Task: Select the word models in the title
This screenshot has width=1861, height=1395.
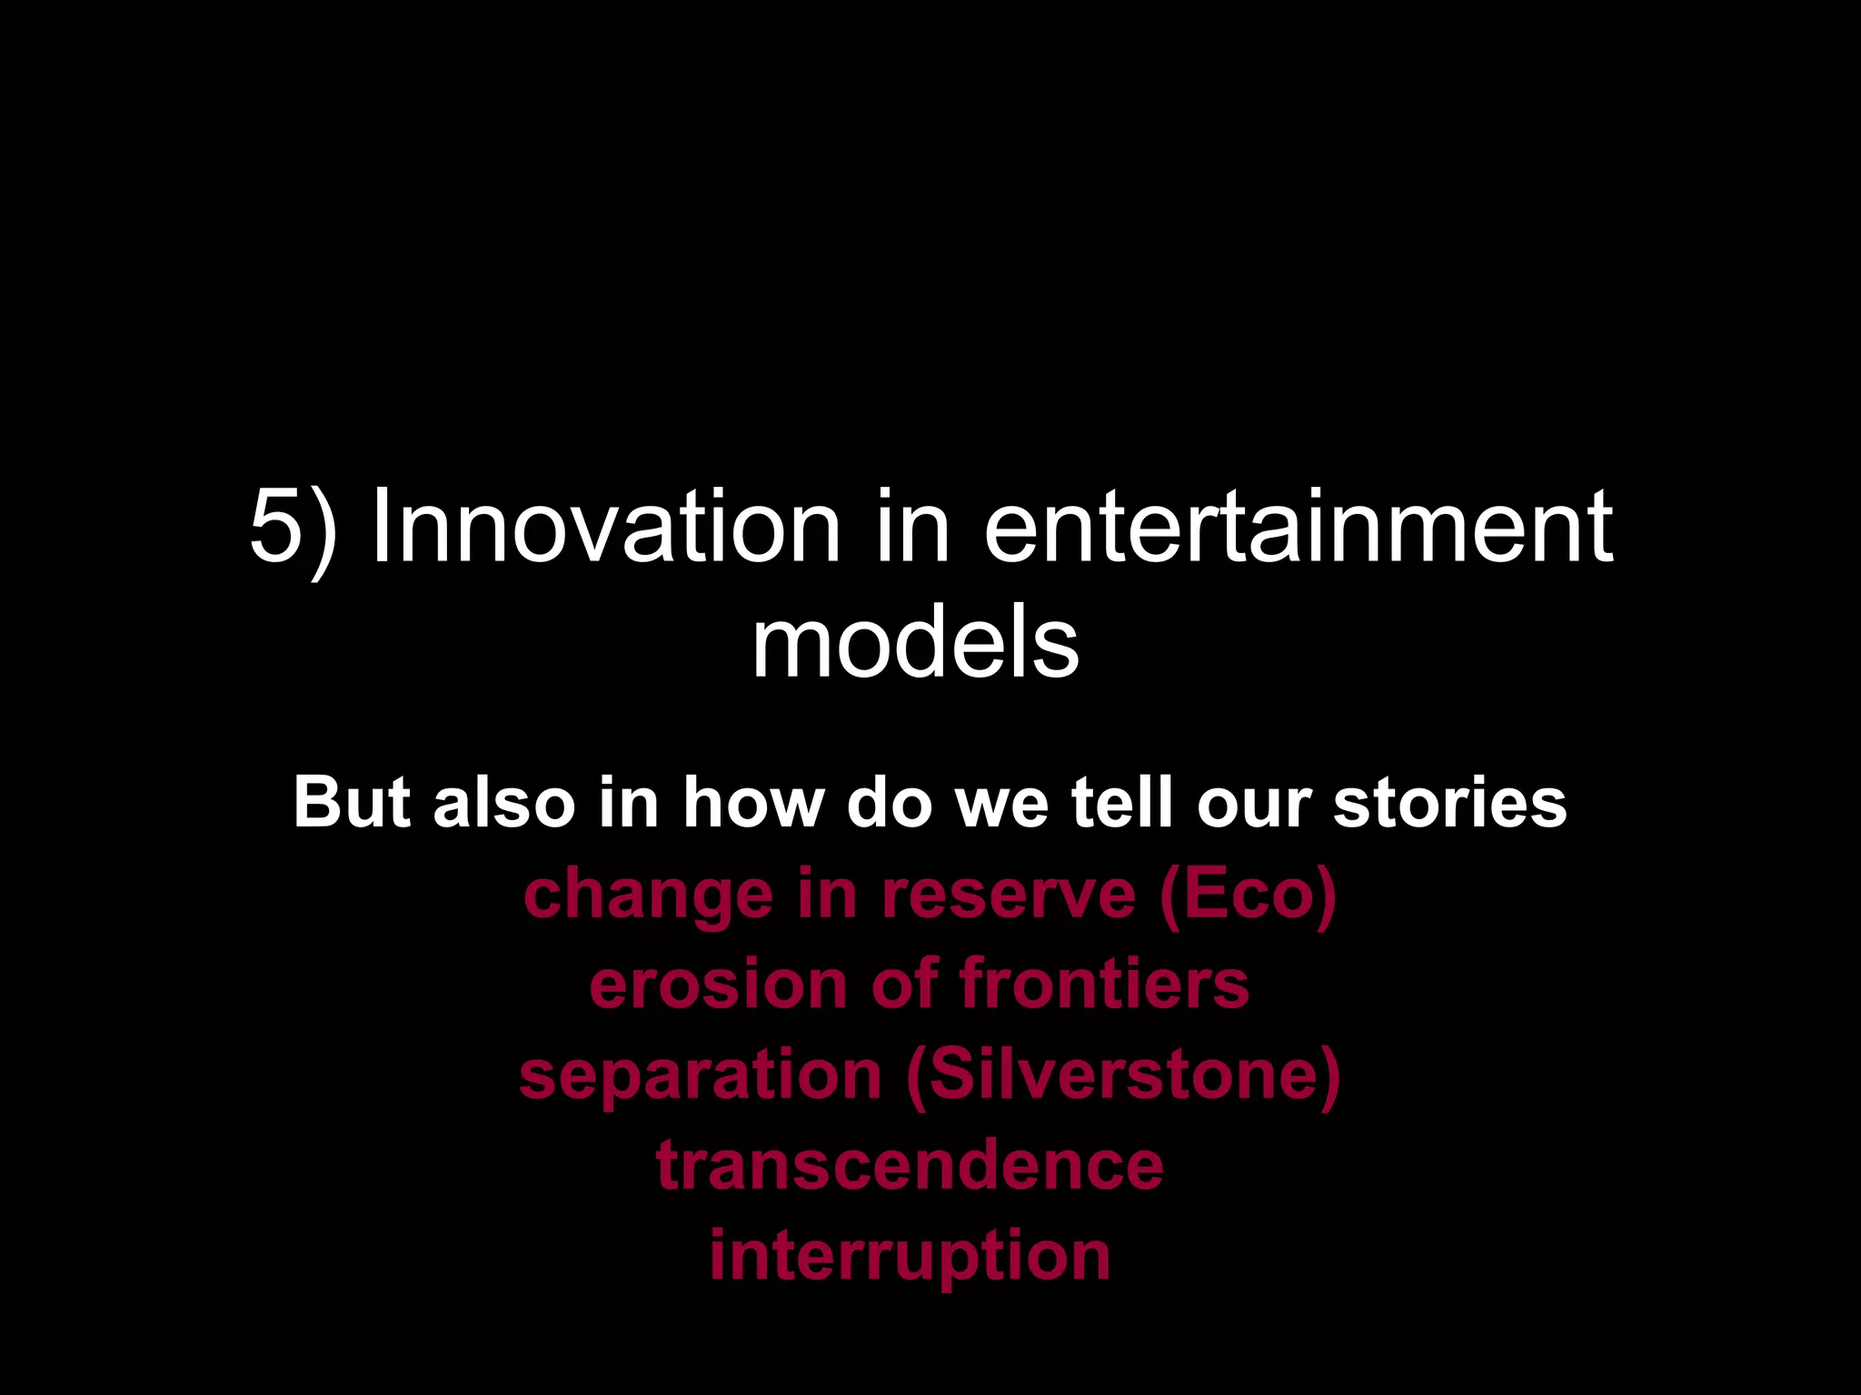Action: point(915,643)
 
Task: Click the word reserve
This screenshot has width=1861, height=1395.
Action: point(1008,894)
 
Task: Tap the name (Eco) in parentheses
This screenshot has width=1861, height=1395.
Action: point(1247,895)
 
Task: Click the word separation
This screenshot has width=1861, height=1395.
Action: point(701,1075)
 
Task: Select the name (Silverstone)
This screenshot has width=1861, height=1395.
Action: point(1123,1075)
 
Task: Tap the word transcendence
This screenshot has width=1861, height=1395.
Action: point(910,1164)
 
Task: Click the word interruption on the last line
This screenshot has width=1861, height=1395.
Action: point(910,1257)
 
